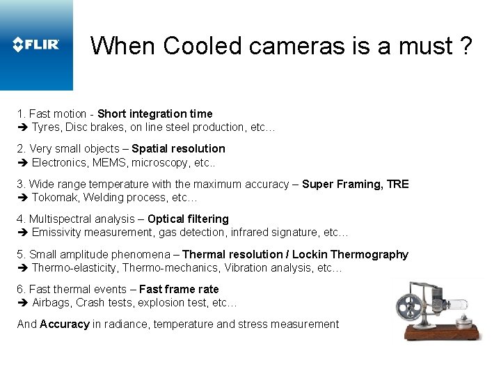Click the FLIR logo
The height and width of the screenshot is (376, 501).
[x=36, y=45]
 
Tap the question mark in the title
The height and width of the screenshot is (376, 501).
[x=465, y=46]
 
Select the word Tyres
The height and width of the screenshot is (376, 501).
[x=46, y=127]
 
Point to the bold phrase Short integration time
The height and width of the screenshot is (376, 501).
[x=155, y=113]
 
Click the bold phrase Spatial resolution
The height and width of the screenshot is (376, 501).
[x=178, y=148]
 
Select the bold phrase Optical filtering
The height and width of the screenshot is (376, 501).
[x=188, y=219]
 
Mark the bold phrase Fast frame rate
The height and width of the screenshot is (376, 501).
[x=179, y=289]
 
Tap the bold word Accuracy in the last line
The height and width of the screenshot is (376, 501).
[x=65, y=324]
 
